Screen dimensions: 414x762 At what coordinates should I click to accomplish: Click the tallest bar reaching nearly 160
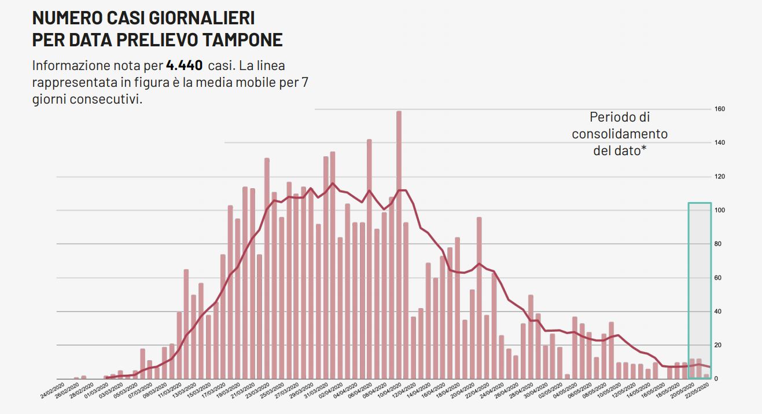[x=399, y=243]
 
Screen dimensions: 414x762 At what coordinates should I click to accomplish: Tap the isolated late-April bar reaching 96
[x=479, y=298]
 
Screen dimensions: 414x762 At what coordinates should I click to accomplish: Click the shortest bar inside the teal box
[x=706, y=376]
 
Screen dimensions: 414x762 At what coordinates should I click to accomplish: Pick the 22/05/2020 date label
[x=697, y=391]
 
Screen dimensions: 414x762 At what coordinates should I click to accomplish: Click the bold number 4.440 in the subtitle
[x=184, y=65]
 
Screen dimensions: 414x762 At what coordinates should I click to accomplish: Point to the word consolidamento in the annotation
[x=620, y=134]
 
